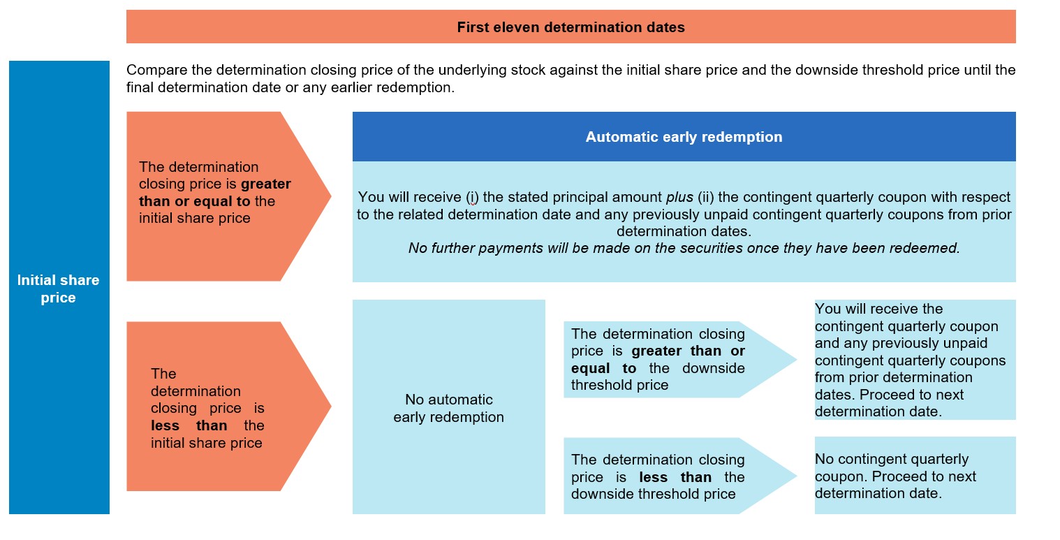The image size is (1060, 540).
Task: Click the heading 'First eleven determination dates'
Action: coord(571,27)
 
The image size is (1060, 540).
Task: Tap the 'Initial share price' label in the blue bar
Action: coord(58,289)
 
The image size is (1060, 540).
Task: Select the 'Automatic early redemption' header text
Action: coord(684,137)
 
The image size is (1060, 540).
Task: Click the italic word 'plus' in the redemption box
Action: coord(679,197)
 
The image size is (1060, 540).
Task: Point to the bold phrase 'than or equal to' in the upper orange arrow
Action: coord(195,201)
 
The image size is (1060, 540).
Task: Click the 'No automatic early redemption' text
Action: coord(448,408)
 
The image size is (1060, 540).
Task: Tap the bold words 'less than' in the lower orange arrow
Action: coord(189,425)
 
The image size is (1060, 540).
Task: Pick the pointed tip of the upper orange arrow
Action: coord(331,196)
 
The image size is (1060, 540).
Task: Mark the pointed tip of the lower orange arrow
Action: coord(331,406)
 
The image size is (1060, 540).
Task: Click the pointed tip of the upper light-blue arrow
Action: coord(797,360)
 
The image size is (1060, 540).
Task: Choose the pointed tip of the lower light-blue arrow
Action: coord(797,476)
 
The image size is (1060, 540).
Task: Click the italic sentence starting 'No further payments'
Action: coord(684,248)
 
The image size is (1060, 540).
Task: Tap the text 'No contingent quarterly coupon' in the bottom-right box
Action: coord(892,467)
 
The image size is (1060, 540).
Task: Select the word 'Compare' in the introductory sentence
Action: coord(156,70)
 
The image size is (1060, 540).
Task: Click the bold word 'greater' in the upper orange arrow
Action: coord(266,184)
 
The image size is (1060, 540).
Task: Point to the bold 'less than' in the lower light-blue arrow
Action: coord(675,477)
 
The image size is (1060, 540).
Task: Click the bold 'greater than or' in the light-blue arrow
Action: coord(688,351)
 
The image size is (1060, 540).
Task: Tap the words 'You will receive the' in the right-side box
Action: coord(878,309)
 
